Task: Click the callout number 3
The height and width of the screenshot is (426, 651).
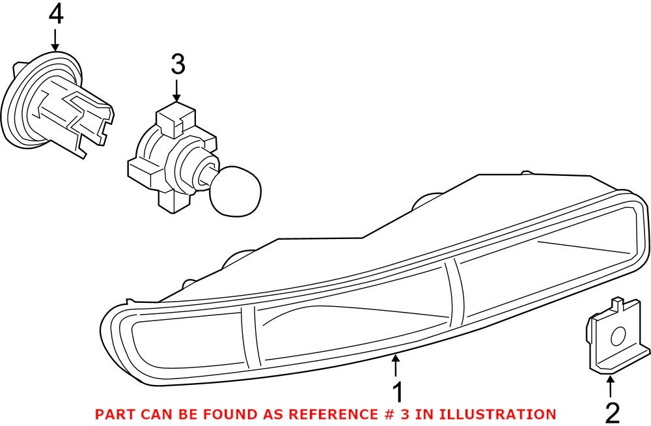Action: [178, 64]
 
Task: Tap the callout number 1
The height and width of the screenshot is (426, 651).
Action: [396, 393]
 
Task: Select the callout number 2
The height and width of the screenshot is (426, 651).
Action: [611, 412]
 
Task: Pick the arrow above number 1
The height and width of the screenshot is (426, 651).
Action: [396, 365]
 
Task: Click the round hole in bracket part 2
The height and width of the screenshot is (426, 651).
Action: [618, 337]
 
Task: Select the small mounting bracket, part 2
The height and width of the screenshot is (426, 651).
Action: [615, 339]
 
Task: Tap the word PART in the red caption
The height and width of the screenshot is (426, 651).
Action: [114, 414]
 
